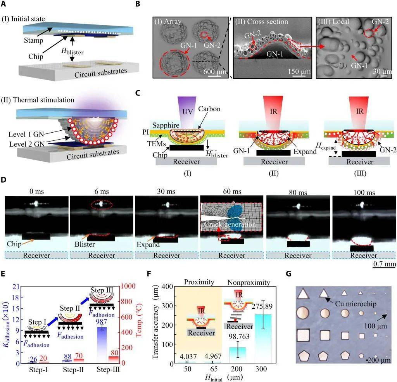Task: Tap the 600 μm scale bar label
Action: [212, 71]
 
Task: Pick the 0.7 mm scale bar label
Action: [384, 264]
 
